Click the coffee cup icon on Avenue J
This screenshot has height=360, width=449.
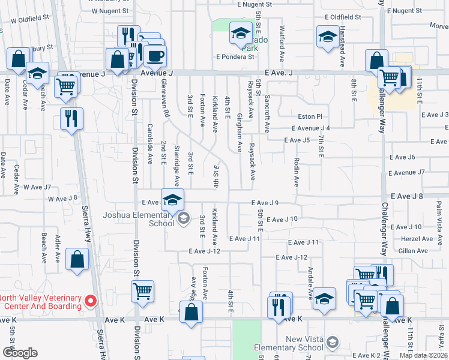[x=155, y=57]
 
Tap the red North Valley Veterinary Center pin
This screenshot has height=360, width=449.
[x=91, y=300]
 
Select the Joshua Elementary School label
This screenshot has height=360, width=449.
[x=138, y=219]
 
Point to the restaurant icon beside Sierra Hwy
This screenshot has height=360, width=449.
[x=71, y=118]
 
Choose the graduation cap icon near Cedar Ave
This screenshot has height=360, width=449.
[x=38, y=74]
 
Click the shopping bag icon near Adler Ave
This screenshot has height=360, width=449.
[x=78, y=259]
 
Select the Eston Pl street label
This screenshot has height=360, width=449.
[x=310, y=116]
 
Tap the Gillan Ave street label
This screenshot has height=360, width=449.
[x=413, y=251]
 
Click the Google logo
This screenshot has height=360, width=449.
[x=20, y=353]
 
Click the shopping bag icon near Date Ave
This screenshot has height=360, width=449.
[x=18, y=59]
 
